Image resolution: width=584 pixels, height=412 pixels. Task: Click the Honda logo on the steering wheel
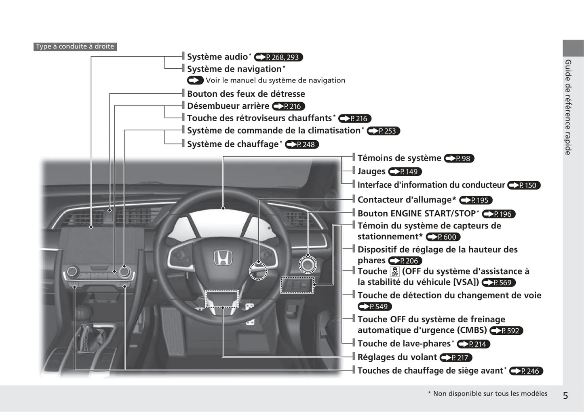point(223,258)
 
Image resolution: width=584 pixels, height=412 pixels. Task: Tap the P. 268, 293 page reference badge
point(278,57)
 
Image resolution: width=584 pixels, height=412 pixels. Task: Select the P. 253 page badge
point(383,131)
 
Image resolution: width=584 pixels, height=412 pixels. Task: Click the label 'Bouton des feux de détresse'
point(246,94)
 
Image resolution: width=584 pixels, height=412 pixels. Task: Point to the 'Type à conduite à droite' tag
point(75,46)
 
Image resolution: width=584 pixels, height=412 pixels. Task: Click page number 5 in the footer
point(565,395)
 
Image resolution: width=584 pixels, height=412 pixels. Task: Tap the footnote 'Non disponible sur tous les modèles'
point(490,393)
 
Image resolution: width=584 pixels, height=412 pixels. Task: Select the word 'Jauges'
point(371,171)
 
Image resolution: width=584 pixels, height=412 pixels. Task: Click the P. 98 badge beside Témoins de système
point(459,158)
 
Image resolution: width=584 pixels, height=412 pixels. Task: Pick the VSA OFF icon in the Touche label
point(395,271)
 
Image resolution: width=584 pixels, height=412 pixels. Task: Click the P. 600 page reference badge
point(443,237)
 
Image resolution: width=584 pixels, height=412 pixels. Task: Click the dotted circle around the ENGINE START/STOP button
point(308,264)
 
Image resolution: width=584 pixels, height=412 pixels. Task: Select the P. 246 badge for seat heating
point(526,371)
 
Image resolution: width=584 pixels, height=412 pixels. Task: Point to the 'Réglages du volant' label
point(397,357)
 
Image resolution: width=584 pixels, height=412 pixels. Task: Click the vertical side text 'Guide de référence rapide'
point(568,107)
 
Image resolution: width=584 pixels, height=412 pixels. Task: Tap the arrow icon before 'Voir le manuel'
point(195,80)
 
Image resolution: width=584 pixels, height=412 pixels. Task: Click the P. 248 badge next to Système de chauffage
point(302,144)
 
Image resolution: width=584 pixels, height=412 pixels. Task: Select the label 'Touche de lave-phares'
point(404,343)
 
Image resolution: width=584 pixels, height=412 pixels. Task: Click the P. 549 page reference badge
point(375,306)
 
